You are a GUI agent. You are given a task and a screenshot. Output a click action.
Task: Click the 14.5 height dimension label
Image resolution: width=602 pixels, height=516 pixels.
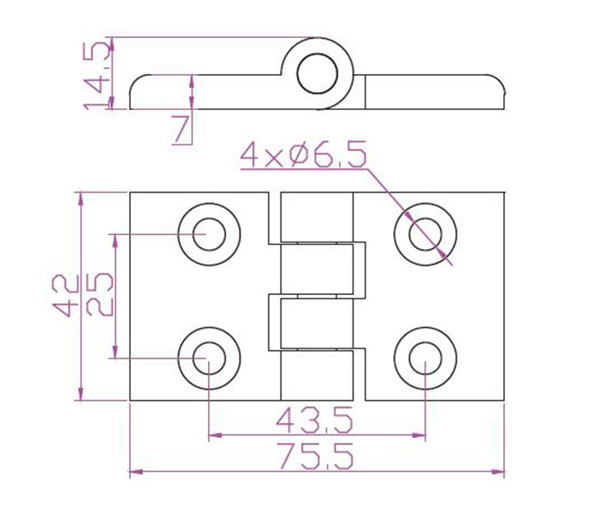pyautogui.click(x=93, y=76)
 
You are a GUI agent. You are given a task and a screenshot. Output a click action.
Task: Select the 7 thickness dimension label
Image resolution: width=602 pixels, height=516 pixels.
pyautogui.click(x=181, y=129)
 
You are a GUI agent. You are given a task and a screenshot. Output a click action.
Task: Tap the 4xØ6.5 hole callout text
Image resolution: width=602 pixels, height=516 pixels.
pyautogui.click(x=304, y=155)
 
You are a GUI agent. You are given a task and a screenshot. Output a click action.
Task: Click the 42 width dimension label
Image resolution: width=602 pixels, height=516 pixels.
pyautogui.click(x=65, y=295)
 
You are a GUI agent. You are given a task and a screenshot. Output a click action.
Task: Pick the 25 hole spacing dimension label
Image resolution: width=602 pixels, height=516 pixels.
pyautogui.click(x=100, y=294)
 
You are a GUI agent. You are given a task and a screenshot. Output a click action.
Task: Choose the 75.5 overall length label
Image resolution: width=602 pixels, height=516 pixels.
pyautogui.click(x=316, y=456)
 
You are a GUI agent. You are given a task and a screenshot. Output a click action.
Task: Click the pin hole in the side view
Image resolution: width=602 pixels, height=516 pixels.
pyautogui.click(x=317, y=74)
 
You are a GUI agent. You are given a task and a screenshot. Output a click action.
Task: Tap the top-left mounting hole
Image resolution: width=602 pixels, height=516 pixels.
pyautogui.click(x=209, y=234)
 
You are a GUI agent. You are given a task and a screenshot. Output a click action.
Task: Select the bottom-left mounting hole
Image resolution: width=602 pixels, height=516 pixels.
pyautogui.click(x=209, y=359)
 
